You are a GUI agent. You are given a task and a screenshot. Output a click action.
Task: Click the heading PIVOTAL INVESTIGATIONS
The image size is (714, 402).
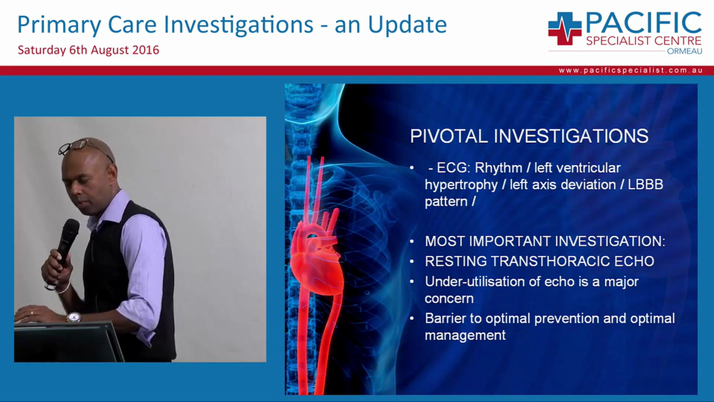[x=529, y=136]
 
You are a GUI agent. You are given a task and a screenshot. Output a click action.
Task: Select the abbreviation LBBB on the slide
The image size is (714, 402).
[x=645, y=185]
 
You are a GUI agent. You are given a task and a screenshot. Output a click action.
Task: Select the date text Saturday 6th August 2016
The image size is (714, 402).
[x=88, y=50]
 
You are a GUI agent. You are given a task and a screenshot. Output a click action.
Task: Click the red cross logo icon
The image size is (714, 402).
[x=565, y=28]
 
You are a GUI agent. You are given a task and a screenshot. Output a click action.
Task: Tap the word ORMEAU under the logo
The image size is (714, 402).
[x=684, y=51]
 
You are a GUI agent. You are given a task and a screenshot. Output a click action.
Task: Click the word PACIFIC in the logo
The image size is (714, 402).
[x=643, y=22]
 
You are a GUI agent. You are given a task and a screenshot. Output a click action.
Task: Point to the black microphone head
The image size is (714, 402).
[x=70, y=231]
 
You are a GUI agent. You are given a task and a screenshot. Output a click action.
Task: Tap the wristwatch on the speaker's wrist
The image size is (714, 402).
[x=73, y=317]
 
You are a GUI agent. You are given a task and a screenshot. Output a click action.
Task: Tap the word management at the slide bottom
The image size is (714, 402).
[x=465, y=335]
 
